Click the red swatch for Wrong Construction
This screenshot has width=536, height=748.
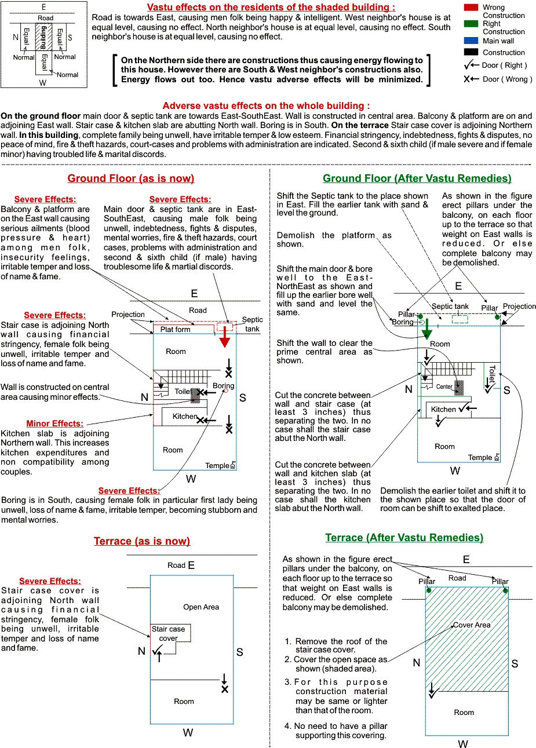(x=471, y=8)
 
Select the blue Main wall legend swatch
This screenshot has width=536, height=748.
(x=471, y=41)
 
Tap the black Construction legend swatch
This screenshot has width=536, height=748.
(x=471, y=52)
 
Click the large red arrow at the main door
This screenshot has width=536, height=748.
(x=224, y=337)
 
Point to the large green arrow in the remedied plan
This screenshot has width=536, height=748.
(x=427, y=329)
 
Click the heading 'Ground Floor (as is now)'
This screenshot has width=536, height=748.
(x=131, y=178)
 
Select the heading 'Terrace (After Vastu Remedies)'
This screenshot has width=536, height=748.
(x=404, y=537)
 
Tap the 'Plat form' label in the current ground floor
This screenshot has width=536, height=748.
(x=175, y=329)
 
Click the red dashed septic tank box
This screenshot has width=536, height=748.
(x=225, y=326)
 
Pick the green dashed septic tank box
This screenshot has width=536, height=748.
(x=460, y=319)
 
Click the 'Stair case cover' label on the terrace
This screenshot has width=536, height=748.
(x=168, y=633)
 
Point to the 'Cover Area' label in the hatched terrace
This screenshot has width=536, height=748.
(x=472, y=625)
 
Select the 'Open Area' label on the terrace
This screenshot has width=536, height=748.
(x=201, y=607)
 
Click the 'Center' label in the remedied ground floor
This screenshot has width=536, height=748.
(x=444, y=386)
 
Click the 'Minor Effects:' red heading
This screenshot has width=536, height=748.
(x=55, y=424)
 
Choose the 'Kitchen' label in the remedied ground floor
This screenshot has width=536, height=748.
(x=443, y=409)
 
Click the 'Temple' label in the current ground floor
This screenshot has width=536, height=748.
(x=217, y=465)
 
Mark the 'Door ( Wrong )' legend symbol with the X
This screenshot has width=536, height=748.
(x=472, y=79)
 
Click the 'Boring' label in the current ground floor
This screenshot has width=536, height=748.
(x=224, y=385)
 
